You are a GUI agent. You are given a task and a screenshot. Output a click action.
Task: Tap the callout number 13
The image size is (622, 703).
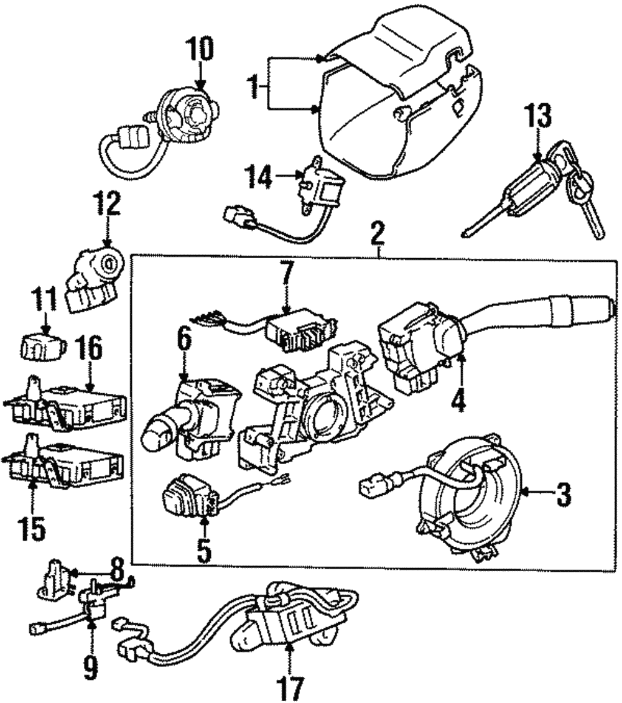pyautogui.click(x=537, y=117)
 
